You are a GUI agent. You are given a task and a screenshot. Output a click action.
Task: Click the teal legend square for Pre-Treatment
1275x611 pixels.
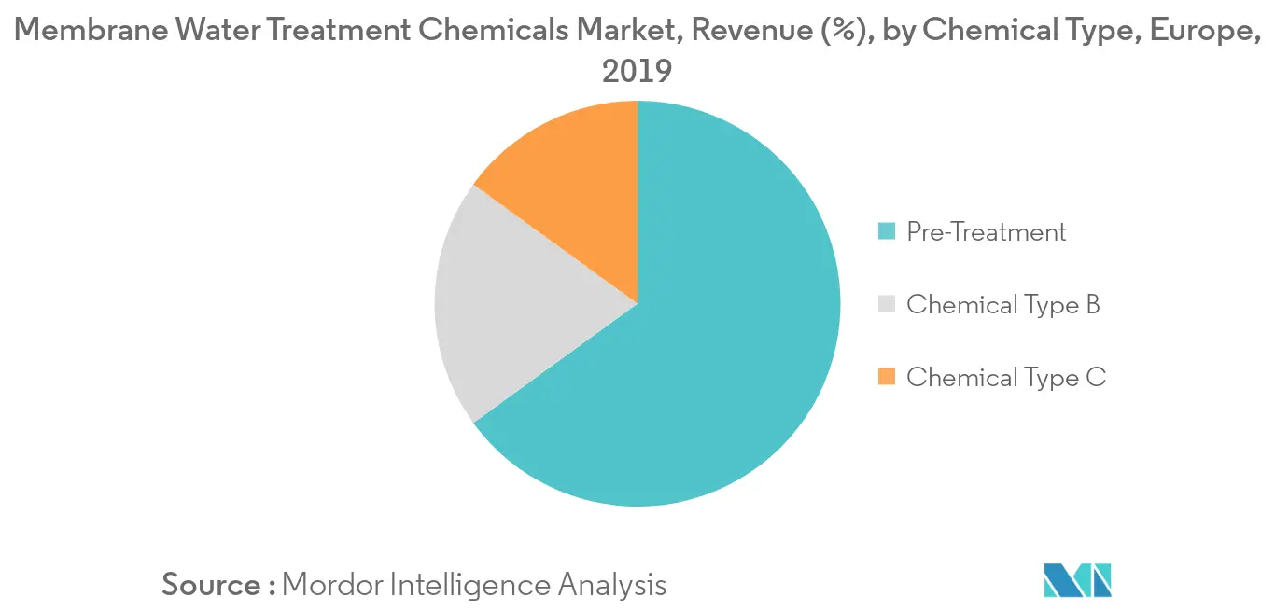(x=887, y=230)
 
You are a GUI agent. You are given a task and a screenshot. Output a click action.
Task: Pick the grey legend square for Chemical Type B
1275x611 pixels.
(x=887, y=303)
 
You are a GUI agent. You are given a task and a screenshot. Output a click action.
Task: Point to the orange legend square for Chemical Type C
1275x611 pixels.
(x=887, y=376)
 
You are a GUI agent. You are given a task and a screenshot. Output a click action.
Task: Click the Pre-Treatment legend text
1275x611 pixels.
(x=986, y=231)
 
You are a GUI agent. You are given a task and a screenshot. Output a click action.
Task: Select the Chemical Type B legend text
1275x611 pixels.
(x=1002, y=304)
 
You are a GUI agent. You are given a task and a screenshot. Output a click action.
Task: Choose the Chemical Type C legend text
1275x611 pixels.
(x=1005, y=377)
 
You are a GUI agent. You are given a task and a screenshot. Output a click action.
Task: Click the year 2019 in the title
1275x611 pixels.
(x=637, y=71)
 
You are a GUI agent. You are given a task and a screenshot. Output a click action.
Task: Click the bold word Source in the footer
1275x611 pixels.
(x=211, y=585)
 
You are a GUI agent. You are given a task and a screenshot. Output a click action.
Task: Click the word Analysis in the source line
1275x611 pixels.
(x=612, y=585)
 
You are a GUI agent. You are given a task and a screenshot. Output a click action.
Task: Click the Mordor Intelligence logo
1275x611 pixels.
(x=1078, y=580)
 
